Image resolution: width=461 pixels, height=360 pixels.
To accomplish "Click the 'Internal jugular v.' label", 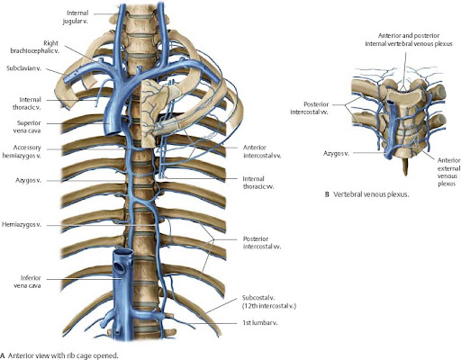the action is [76, 17].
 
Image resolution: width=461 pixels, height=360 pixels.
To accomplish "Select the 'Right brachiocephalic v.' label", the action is [35, 47].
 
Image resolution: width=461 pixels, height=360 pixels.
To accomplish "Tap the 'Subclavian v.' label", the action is [24, 68].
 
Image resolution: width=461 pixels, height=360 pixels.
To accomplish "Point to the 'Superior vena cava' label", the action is [28, 127].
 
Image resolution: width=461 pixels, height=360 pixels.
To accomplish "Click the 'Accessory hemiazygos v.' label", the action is [22, 151].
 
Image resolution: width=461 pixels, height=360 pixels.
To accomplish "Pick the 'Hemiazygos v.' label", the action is [22, 225].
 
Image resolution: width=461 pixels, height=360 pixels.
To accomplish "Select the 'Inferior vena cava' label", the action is [28, 282].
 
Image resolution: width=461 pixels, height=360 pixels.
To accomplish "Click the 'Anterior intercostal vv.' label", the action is [262, 151].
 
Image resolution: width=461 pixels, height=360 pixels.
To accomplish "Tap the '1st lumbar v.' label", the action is [259, 323].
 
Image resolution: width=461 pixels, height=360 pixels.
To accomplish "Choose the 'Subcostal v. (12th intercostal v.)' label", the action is [269, 301].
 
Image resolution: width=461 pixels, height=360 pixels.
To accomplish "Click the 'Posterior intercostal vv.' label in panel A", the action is [262, 243].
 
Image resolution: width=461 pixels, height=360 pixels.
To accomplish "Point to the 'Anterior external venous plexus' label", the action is [448, 172].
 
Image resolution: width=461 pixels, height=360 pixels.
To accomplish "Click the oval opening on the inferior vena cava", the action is [120, 267].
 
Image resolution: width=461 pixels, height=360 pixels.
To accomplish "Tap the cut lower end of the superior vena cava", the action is [111, 131].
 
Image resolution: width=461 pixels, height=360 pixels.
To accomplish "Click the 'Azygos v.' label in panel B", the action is [336, 154].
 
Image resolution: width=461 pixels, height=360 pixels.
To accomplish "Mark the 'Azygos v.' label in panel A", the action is [28, 181].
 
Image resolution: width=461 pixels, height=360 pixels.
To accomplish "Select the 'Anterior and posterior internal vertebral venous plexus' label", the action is [409, 40].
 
